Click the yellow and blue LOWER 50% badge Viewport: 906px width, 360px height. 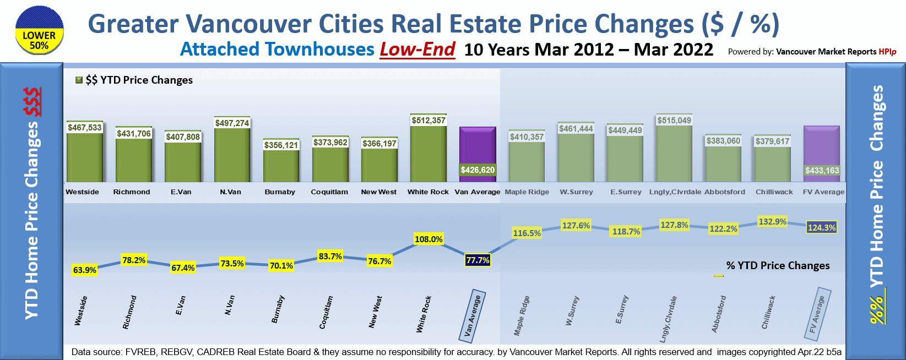(39, 30)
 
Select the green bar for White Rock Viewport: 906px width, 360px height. (428, 154)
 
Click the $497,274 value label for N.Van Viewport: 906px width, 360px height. (232, 123)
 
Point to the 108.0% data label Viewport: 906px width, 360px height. (428, 239)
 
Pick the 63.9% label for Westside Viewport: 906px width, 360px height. (85, 270)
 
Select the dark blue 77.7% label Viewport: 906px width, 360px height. (478, 260)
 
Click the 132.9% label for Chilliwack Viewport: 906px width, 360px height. (772, 222)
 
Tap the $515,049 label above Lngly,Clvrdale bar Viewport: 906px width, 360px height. (674, 121)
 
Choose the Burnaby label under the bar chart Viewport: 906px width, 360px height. (280, 192)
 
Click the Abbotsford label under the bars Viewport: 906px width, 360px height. (724, 192)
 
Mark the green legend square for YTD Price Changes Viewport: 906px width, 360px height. (79, 80)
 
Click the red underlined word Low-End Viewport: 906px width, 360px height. (417, 50)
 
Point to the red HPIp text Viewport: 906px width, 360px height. (887, 52)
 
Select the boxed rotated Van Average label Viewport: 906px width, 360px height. (472, 316)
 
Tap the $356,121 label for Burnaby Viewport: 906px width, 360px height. (281, 145)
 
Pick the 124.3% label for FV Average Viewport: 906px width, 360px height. (822, 228)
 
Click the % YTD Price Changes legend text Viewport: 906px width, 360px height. (778, 266)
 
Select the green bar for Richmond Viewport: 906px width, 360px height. (133, 160)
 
